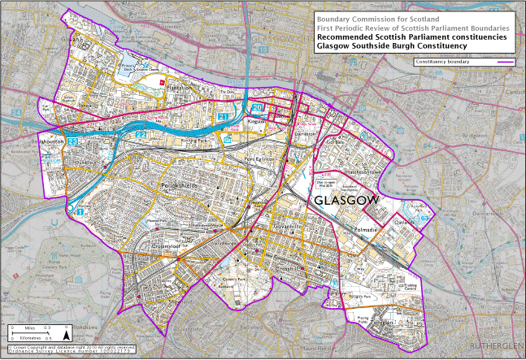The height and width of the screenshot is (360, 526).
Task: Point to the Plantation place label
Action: pos(181,87)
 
